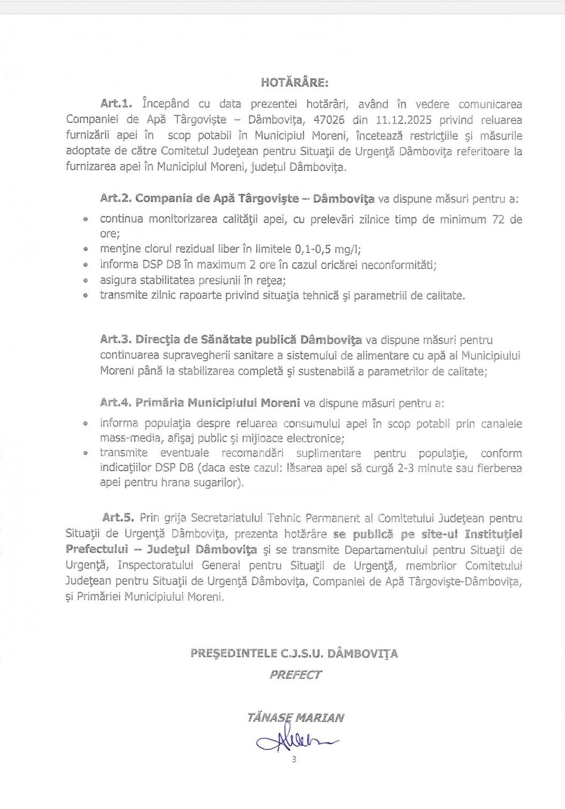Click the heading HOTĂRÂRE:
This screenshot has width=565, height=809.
pyautogui.click(x=294, y=82)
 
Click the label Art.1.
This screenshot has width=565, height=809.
pyautogui.click(x=116, y=103)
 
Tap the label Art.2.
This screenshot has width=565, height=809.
pyautogui.click(x=116, y=199)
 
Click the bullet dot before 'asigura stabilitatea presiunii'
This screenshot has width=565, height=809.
pyautogui.click(x=86, y=280)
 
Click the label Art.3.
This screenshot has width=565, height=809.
pyautogui.click(x=116, y=340)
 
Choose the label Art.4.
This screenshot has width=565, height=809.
pyautogui.click(x=116, y=402)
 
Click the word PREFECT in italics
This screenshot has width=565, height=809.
pyautogui.click(x=295, y=675)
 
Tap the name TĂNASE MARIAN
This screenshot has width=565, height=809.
pyautogui.click(x=295, y=717)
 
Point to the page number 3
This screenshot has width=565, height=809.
pyautogui.click(x=294, y=759)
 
